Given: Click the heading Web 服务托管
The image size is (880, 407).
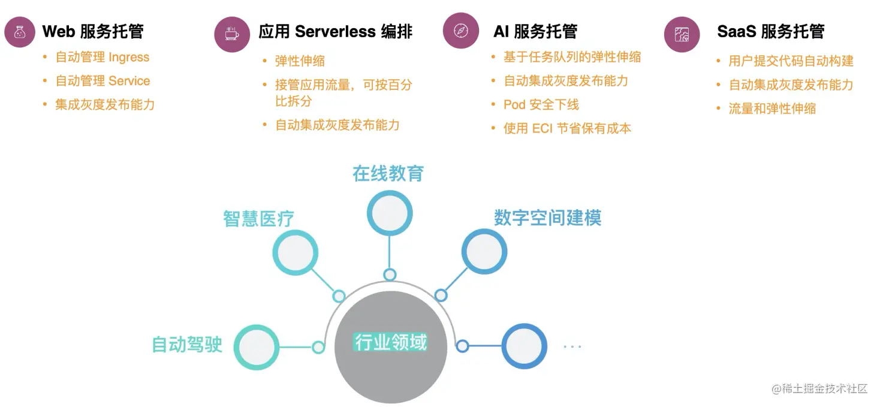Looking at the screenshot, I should (x=93, y=31).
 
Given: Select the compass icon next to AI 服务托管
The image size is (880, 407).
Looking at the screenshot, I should (x=460, y=31).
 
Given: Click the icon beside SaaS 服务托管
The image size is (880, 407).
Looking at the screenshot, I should (x=682, y=34).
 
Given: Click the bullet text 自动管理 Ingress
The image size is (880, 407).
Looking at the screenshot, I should (x=103, y=58).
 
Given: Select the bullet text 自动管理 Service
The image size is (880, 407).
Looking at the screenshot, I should (x=103, y=81).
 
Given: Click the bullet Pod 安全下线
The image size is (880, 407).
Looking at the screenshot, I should (x=541, y=105).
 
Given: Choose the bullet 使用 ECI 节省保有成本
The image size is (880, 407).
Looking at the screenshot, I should (x=567, y=128).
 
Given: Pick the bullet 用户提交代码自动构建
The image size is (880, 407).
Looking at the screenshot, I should (x=791, y=61).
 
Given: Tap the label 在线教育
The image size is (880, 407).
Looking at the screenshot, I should (x=388, y=174).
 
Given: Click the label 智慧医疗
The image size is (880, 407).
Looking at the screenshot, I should (x=258, y=219).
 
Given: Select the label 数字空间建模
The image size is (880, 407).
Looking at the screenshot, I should (x=547, y=218).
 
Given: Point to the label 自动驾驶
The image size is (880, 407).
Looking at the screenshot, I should (x=187, y=345).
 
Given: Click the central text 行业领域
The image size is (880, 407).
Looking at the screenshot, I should (x=391, y=342).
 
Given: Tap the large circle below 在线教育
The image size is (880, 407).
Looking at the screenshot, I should (x=390, y=213).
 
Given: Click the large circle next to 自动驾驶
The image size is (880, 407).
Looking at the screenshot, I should (x=256, y=347).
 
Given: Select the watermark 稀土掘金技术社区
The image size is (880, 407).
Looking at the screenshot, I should (x=819, y=388).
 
